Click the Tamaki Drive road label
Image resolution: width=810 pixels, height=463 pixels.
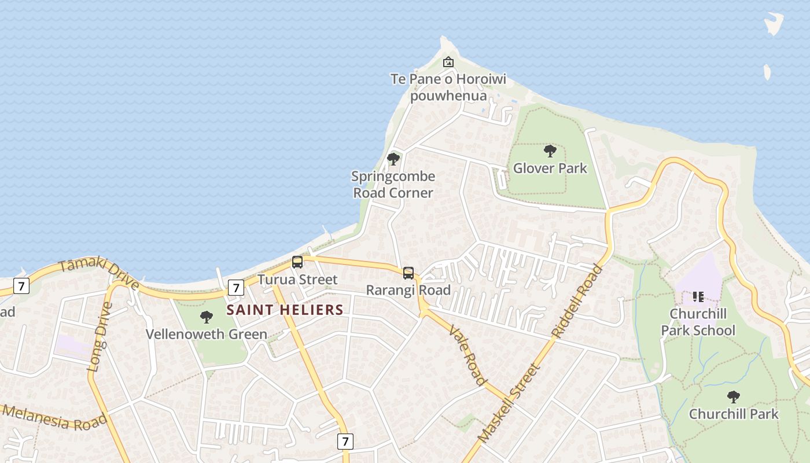pos(98,273)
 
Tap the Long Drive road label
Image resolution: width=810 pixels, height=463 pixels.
pos(100,336)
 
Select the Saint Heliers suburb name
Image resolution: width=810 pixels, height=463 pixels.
pos(285,310)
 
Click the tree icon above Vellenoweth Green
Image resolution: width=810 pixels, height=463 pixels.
pos(207,317)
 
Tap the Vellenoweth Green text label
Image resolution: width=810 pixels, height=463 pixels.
pos(207,334)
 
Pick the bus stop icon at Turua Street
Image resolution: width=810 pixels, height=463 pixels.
pos(297,262)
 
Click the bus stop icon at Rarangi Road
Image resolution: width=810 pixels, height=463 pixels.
pos(408,273)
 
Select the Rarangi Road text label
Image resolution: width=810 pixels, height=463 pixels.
pos(408,290)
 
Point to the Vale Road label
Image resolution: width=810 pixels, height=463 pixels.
pos(467,355)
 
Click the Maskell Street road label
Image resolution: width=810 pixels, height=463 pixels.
pos(509,403)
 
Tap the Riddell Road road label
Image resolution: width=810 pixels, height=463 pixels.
pos(577,301)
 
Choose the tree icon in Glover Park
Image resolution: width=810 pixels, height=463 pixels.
pos(550,152)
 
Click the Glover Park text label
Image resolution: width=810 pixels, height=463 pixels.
pos(550,168)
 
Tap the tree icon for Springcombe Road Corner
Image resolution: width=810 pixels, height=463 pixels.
pos(393,159)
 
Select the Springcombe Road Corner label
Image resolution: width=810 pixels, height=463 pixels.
pos(393,184)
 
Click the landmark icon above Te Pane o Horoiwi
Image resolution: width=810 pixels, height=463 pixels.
pos(448,62)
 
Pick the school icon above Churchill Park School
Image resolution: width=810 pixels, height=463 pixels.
pos(698,297)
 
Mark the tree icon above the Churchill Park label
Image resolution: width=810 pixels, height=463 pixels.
pos(734,397)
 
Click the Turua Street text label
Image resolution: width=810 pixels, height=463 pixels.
pos(297,280)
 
